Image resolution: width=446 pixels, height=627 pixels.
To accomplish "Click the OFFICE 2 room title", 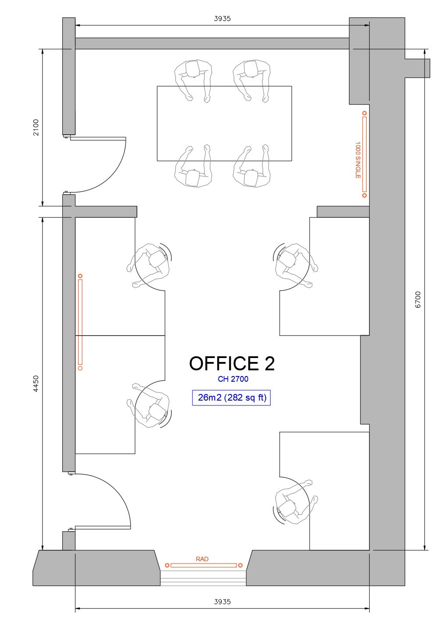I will [x=232, y=364].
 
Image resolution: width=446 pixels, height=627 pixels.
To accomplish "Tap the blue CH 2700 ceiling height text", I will [x=233, y=379].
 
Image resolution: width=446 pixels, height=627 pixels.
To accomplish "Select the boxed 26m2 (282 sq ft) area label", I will [x=232, y=398].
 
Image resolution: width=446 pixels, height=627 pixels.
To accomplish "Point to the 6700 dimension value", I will [x=418, y=299].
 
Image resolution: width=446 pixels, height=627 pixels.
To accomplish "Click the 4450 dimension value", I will [x=36, y=383].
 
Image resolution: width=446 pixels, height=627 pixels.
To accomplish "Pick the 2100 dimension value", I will [x=36, y=127].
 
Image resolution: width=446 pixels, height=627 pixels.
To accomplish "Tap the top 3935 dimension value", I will [x=222, y=19].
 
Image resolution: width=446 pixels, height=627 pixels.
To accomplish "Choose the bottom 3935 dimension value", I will [x=222, y=602].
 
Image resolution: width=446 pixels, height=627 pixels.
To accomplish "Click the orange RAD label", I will [x=202, y=559].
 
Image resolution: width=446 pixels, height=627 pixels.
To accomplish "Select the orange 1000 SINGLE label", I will [x=358, y=160].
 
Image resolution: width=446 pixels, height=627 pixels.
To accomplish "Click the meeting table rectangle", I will [x=224, y=123].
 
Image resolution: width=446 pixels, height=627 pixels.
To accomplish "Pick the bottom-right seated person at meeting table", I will [x=251, y=169].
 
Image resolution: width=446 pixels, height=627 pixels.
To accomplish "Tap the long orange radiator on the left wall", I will [x=80, y=322].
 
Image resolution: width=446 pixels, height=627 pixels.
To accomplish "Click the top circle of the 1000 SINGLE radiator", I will [x=364, y=113].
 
